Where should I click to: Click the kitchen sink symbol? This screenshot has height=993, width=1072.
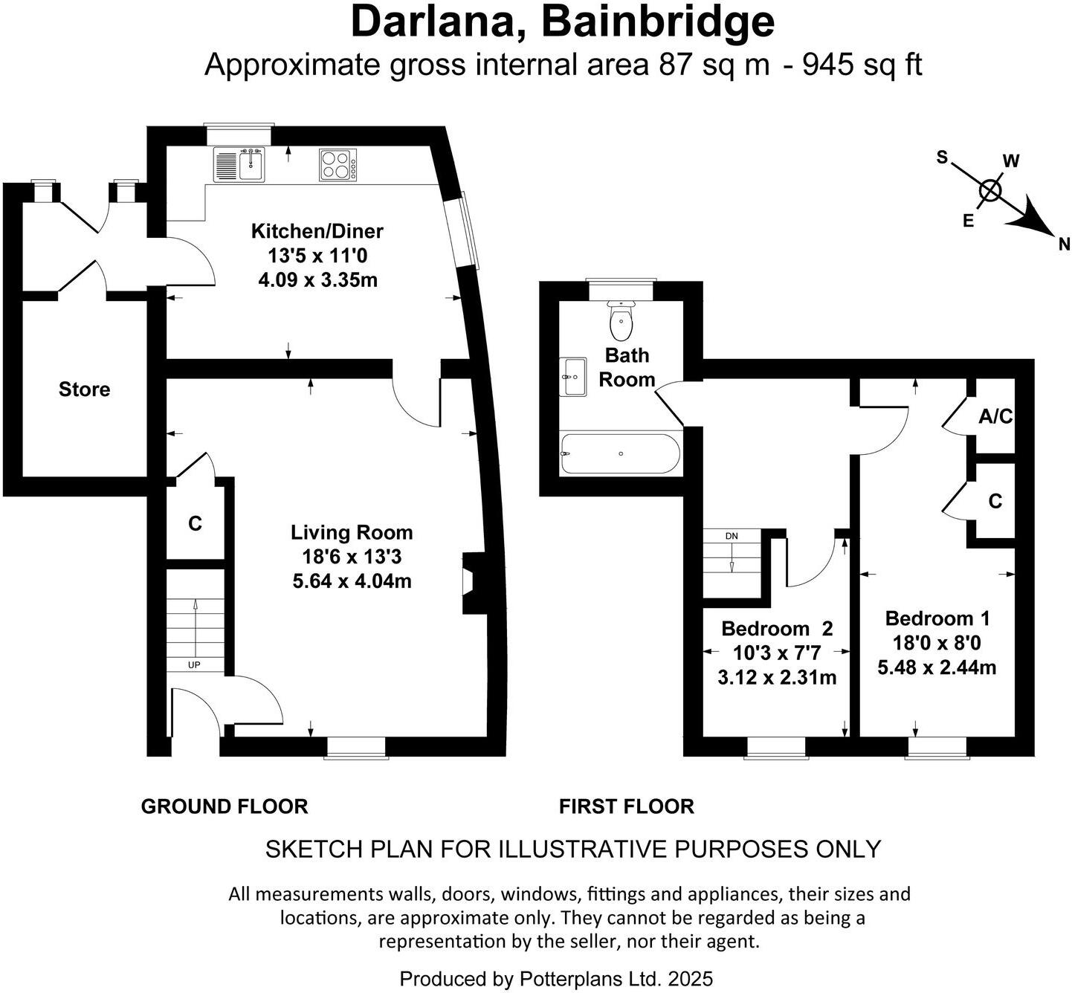[239, 164]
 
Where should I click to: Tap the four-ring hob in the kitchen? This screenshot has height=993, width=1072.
[338, 165]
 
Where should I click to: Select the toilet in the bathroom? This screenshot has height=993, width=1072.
[620, 320]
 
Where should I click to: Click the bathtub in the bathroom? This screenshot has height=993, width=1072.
[620, 453]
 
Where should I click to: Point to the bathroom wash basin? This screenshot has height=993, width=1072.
[573, 376]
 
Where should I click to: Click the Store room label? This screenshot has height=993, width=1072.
[84, 389]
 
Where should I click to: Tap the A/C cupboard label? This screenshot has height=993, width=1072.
[995, 417]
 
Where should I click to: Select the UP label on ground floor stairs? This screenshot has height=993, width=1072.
[194, 664]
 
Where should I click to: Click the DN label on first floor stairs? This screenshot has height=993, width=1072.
[732, 536]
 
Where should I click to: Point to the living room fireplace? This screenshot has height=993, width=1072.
[471, 582]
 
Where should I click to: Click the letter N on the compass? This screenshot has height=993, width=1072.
[1064, 244]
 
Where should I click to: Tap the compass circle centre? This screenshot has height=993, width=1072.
[990, 191]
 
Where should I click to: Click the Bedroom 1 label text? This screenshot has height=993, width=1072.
[937, 618]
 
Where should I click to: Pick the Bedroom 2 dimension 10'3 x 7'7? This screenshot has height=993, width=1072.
[776, 653]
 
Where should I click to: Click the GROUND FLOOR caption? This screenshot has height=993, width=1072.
[224, 806]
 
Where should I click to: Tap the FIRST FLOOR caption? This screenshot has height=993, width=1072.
[626, 806]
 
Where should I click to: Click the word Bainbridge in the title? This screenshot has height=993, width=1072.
[658, 22]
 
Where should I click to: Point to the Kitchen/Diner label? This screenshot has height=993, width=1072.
[317, 231]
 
